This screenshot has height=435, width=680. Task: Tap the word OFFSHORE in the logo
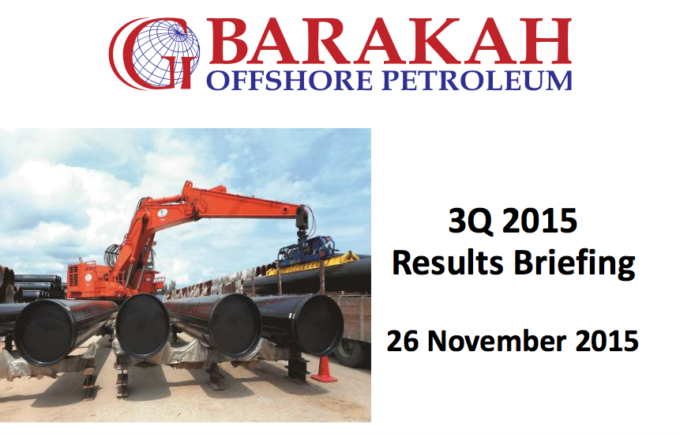click(x=289, y=81)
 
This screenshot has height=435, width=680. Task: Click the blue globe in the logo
click(x=166, y=53)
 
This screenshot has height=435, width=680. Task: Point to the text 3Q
click(x=471, y=221)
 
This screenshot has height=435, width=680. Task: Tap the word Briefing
click(x=575, y=264)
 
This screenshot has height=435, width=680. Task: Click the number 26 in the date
click(x=403, y=341)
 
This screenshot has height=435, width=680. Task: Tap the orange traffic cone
click(x=323, y=369)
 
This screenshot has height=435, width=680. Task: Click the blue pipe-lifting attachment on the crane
click(x=306, y=250)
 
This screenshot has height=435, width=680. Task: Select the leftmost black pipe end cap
click(x=46, y=331)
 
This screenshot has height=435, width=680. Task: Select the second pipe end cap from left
click(x=142, y=326)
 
